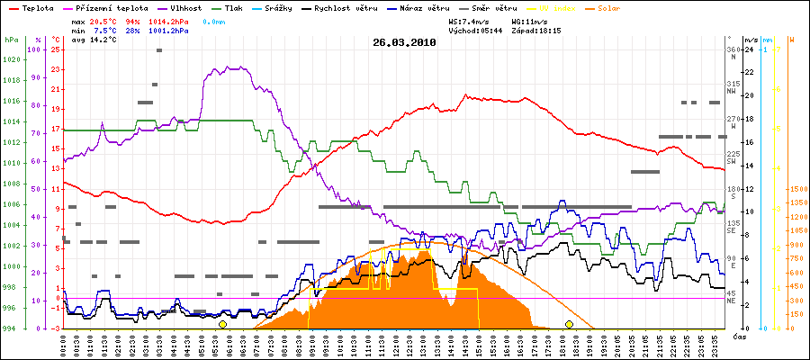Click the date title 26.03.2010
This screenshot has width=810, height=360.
click(404, 42)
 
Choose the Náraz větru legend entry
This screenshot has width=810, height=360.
click(430, 7)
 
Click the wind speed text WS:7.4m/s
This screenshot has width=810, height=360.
click(473, 21)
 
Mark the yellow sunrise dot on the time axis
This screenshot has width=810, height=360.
click(222, 324)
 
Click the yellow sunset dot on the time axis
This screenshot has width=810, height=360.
click(569, 324)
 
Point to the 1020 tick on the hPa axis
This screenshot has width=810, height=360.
click(10, 60)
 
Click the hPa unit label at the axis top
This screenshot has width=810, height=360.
click(10, 40)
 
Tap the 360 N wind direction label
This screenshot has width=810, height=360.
click(736, 53)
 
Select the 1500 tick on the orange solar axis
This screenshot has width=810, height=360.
click(797, 190)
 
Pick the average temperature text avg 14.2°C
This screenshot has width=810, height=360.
click(90, 40)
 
